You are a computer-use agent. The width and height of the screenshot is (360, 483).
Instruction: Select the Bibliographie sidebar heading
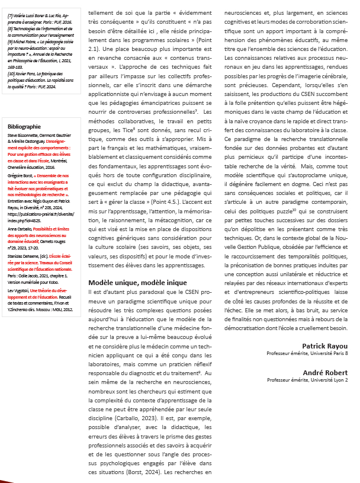(24, 126)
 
